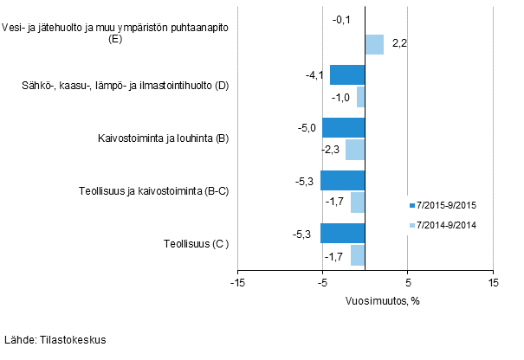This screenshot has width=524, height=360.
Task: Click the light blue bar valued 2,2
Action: [374, 44]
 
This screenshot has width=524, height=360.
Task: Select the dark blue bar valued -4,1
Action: [347, 75]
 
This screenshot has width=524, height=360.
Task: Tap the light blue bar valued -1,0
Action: [360, 97]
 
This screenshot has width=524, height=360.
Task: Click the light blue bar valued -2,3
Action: [355, 150]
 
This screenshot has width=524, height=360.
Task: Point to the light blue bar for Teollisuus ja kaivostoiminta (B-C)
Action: [358, 202]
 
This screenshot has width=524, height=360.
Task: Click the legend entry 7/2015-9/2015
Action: [442, 206]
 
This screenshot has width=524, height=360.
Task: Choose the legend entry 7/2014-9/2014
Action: [442, 226]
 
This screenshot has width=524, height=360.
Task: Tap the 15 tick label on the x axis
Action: [493, 281]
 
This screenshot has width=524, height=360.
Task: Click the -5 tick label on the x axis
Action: [322, 281]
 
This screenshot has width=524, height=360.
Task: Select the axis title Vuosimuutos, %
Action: [366, 300]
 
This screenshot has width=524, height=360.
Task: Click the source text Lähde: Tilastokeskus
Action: [55, 340]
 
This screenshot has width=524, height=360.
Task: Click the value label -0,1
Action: [341, 18]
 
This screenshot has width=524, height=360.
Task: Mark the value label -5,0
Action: [307, 128]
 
